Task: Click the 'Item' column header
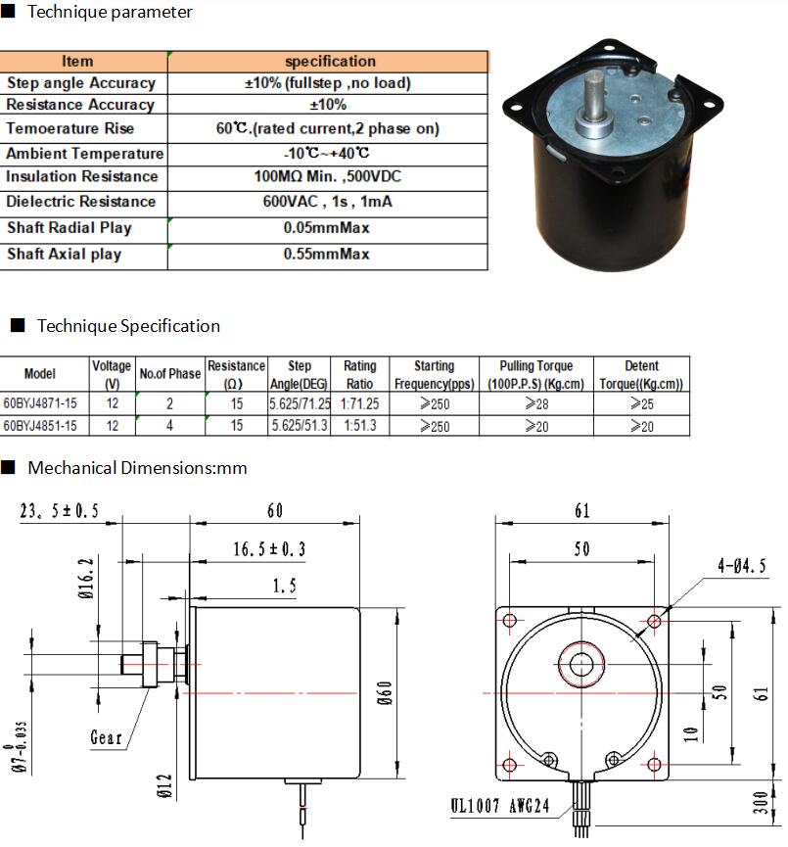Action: pyautogui.click(x=77, y=61)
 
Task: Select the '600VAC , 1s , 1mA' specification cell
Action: pyautogui.click(x=327, y=202)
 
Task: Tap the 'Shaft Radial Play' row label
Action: pyautogui.click(x=70, y=227)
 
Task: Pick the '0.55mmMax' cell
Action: pyautogui.click(x=326, y=254)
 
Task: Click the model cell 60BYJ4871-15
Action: pyautogui.click(x=40, y=403)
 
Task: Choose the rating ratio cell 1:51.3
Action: pyautogui.click(x=359, y=426)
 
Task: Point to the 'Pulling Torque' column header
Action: pyautogui.click(x=535, y=365)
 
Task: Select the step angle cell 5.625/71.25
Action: pyautogui.click(x=300, y=403)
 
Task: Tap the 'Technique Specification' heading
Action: pyautogui.click(x=128, y=326)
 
